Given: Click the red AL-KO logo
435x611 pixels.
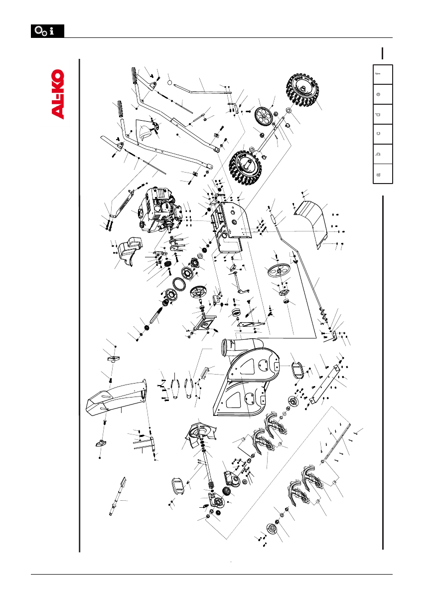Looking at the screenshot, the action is click(58, 94).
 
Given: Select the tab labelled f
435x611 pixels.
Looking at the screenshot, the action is click(383, 74).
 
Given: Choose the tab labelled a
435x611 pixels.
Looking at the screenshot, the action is click(383, 174).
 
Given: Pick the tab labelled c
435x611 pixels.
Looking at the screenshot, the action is click(383, 134).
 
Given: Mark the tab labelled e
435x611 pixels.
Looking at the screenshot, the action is click(383, 94).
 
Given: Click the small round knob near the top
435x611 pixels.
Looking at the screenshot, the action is click(169, 80).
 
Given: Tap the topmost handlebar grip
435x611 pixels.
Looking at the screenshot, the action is click(135, 77).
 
